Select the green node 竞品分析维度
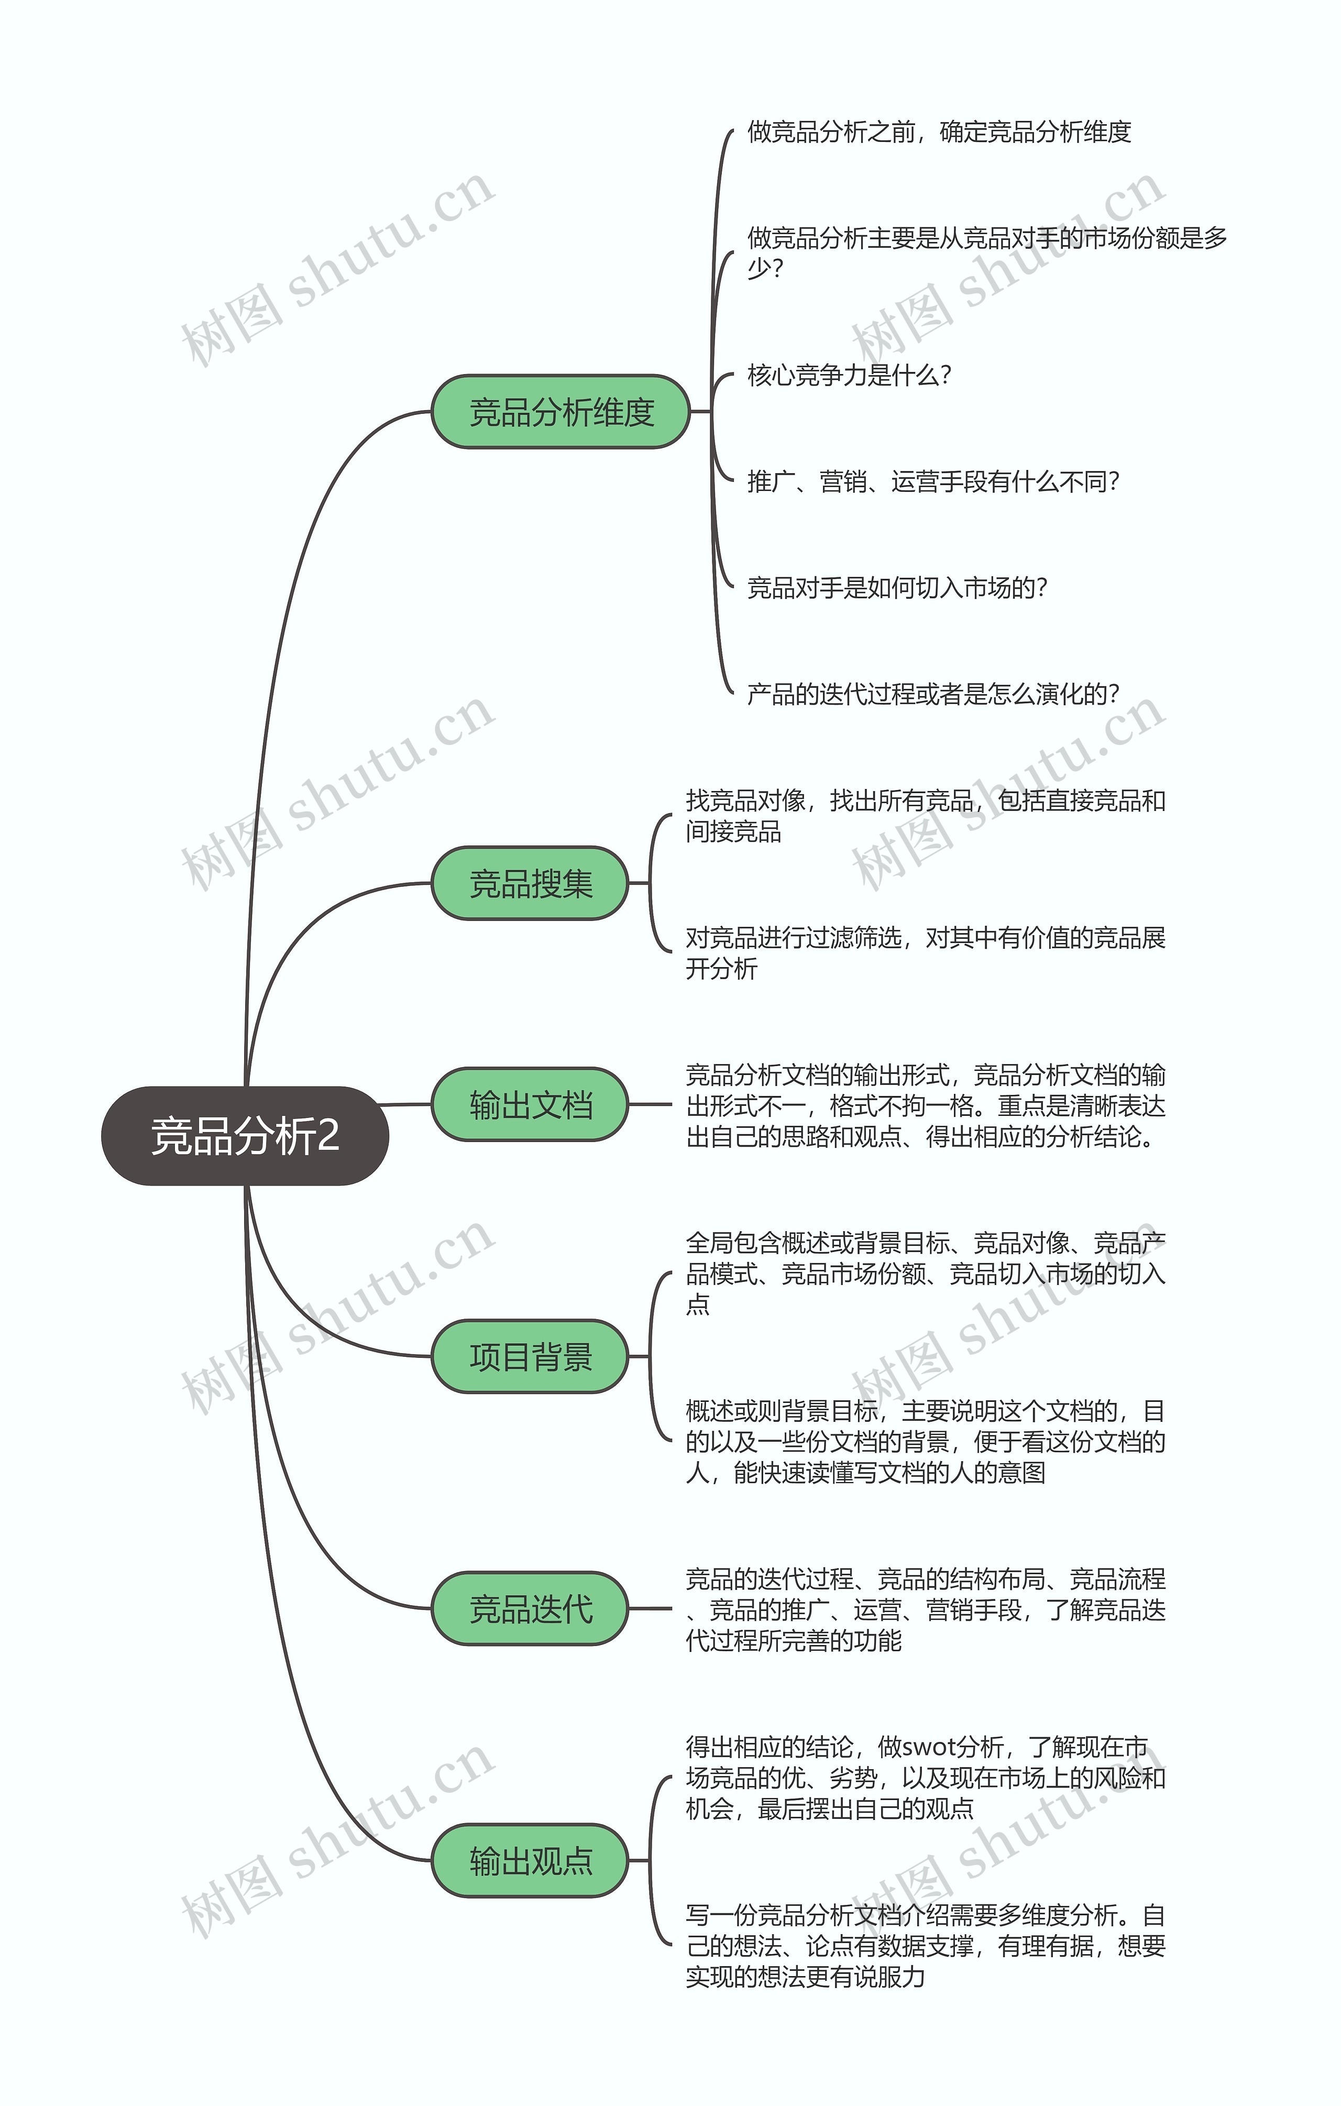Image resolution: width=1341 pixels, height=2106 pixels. coord(560,412)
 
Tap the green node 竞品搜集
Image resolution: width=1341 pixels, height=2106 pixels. coord(530,883)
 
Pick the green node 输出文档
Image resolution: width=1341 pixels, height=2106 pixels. coord(530,1104)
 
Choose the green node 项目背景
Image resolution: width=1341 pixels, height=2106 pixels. coord(530,1356)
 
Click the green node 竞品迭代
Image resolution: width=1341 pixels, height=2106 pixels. coord(530,1608)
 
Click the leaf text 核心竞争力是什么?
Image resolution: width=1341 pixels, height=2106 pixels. coord(849,375)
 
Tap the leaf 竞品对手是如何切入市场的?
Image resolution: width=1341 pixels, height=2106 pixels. coord(897,588)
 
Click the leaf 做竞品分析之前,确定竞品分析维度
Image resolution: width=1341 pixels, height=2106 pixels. coord(939,132)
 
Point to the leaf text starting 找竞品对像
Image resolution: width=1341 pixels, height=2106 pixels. coord(925,815)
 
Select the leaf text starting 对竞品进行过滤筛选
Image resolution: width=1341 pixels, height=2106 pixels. coord(925,952)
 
